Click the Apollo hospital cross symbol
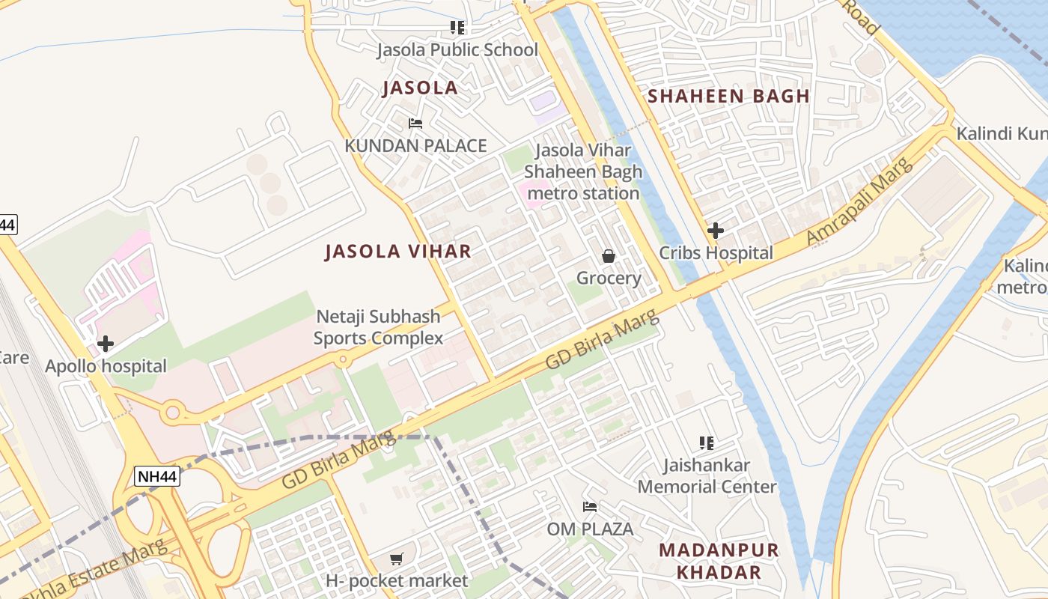[106, 344]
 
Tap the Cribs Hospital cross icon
[716, 231]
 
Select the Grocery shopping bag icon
[609, 256]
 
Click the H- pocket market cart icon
[397, 559]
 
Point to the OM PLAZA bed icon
[590, 507]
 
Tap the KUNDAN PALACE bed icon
[415, 124]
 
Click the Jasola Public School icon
[457, 28]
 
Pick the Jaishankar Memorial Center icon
[706, 443]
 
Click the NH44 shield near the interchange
[157, 476]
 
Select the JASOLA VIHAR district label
[398, 252]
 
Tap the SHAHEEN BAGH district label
[728, 96]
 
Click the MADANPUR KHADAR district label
[719, 562]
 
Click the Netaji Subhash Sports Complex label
[378, 328]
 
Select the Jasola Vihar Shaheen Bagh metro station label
[583, 171]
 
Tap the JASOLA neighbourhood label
[420, 88]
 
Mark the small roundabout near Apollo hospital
[174, 411]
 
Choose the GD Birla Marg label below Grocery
[603, 339]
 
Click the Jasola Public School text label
[457, 50]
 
